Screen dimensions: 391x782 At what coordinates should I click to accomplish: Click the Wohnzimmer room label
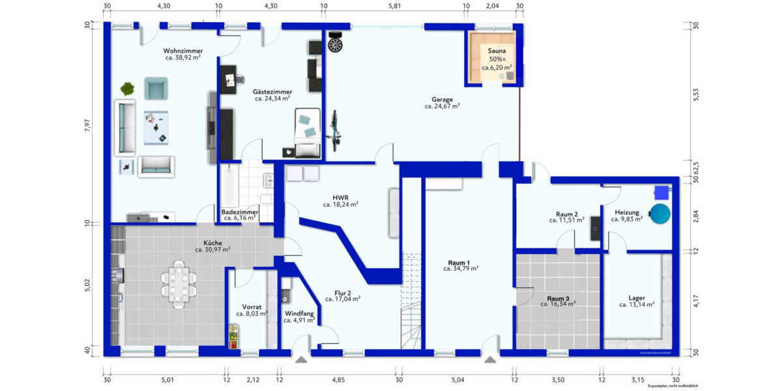click(182, 51)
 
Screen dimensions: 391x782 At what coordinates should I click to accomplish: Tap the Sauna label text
click(497, 50)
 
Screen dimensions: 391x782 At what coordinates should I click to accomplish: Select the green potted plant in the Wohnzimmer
click(127, 88)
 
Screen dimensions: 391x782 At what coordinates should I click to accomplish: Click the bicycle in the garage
click(335, 130)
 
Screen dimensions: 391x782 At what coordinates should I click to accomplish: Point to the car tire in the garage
click(336, 45)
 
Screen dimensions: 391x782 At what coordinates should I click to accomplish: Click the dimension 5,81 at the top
click(394, 6)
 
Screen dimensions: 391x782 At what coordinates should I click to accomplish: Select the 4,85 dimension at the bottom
click(338, 380)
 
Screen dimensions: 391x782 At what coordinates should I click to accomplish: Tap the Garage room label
click(442, 100)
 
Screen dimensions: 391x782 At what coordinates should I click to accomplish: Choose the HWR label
click(340, 196)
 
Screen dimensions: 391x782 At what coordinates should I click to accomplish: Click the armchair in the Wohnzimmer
click(156, 88)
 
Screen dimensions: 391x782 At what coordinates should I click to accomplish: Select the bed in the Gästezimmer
click(307, 134)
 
